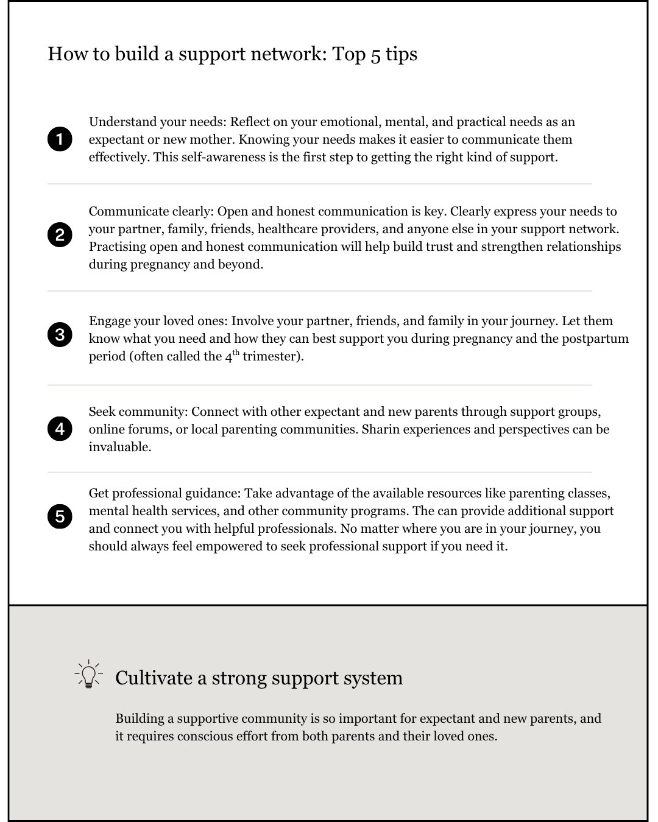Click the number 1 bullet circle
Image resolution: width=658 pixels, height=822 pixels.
60,139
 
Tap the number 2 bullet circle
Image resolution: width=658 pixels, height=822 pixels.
60,235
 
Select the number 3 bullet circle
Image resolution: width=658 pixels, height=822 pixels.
60,334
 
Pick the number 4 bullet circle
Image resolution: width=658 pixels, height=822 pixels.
60,429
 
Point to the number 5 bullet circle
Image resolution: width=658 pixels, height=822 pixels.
60,516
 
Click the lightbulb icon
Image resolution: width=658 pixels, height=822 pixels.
89,675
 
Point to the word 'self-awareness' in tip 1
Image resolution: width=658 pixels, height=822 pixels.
222,157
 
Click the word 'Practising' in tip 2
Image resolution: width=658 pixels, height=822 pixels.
118,247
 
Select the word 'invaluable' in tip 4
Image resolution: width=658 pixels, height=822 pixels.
119,447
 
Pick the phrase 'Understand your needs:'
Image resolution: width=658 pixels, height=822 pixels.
157,122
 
